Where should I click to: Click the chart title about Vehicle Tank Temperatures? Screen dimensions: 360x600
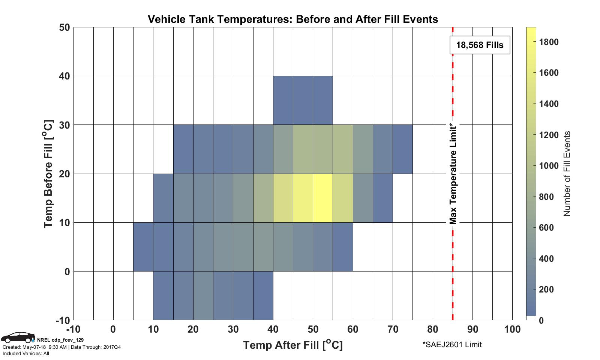[x=293, y=19]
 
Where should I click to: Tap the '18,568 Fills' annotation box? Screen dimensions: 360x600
[x=480, y=45]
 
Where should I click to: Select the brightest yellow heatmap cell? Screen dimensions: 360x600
[x=323, y=198]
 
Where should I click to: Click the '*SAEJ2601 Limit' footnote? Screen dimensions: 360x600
[x=452, y=345]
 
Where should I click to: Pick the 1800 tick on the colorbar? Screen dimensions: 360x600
[x=549, y=42]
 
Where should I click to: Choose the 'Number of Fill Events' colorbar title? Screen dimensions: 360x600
[x=567, y=174]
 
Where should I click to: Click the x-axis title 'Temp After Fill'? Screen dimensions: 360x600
[x=293, y=345]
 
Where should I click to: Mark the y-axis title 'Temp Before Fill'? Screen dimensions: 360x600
[x=48, y=174]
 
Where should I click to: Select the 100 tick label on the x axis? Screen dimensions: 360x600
[x=512, y=330]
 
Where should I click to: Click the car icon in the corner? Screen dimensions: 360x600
[x=17, y=337]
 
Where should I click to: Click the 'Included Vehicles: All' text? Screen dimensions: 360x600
[x=26, y=353]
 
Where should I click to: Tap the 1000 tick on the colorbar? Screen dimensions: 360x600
[x=549, y=166]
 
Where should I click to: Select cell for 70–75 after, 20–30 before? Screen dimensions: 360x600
[x=403, y=149]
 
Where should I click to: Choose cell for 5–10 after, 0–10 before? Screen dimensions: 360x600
[x=143, y=247]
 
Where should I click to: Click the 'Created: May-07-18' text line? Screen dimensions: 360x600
[x=61, y=347]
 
